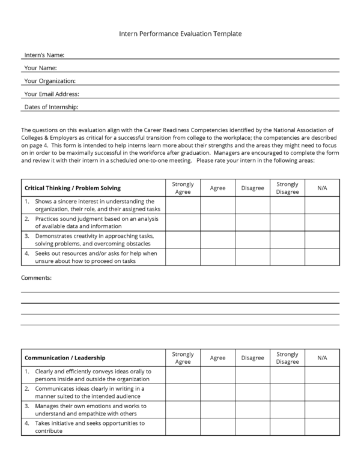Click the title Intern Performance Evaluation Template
click(180, 34)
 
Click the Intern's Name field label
click(44, 55)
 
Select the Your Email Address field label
click(52, 94)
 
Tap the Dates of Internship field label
click(52, 107)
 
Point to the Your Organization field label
click(50, 81)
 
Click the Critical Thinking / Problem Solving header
click(73, 188)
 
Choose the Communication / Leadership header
click(65, 358)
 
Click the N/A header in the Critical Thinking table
click(322, 188)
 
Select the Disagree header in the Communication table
click(252, 358)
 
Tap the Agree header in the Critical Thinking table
click(217, 188)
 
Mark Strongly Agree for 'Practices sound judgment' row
click(183, 223)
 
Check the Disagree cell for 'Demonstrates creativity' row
click(252, 240)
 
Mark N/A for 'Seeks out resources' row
click(322, 257)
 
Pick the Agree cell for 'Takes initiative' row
click(217, 427)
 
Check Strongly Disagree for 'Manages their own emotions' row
click(287, 409)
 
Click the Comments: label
click(36, 278)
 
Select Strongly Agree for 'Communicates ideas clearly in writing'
click(183, 393)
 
